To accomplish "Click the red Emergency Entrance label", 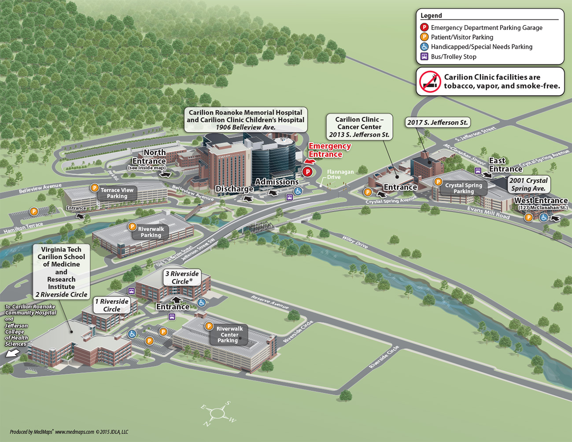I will [329, 150].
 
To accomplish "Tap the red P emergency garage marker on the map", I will [308, 172].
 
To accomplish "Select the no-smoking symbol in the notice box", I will [430, 81].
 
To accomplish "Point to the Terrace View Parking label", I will [117, 193].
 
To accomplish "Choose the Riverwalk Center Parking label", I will [229, 335].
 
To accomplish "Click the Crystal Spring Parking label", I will [463, 188].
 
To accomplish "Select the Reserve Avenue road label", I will [269, 302].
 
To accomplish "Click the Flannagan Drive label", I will [340, 174].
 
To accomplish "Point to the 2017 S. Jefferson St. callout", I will [437, 122].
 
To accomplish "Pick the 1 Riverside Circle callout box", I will [112, 305].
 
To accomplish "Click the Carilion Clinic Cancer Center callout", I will [359, 127].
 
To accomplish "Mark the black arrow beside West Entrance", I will [556, 218].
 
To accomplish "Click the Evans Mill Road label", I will [488, 213].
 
